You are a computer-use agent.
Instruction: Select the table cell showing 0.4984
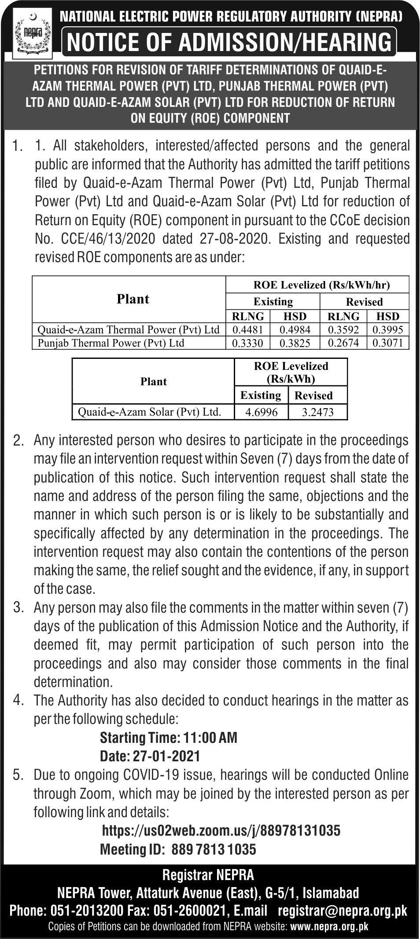pyautogui.click(x=295, y=329)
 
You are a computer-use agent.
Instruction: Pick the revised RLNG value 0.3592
pyautogui.click(x=343, y=329)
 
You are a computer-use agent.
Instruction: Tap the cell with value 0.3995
pyautogui.click(x=387, y=329)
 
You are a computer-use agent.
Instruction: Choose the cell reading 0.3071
pyautogui.click(x=387, y=343)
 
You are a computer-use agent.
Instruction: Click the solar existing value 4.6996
pyautogui.click(x=261, y=412)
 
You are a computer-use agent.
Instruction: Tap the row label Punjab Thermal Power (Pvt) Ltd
pyautogui.click(x=111, y=343)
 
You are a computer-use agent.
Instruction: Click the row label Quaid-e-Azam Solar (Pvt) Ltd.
pyautogui.click(x=149, y=412)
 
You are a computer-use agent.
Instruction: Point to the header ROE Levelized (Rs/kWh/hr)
pyautogui.click(x=321, y=285)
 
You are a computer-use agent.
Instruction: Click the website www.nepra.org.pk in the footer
pyautogui.click(x=329, y=926)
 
